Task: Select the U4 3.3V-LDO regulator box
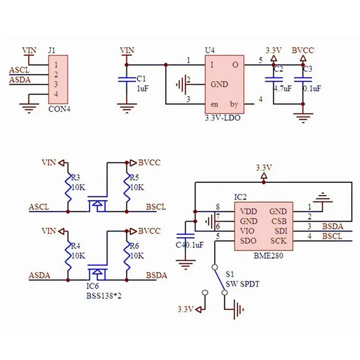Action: [224, 84]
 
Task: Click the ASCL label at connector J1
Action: [19, 70]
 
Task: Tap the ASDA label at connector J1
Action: [19, 80]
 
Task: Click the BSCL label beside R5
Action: [156, 207]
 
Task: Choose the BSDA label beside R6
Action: [156, 276]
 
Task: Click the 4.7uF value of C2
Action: [282, 89]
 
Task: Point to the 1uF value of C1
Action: [143, 89]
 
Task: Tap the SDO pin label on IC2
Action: [249, 241]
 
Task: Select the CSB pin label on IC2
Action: [278, 221]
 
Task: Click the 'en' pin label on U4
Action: [215, 104]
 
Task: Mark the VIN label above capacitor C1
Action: [127, 50]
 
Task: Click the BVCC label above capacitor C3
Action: [303, 50]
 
